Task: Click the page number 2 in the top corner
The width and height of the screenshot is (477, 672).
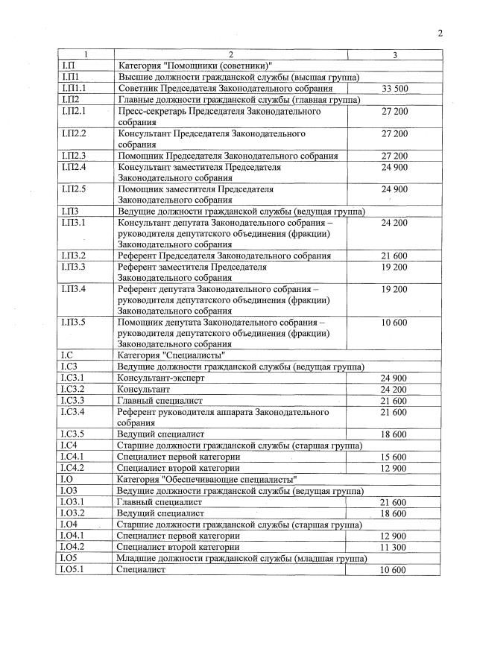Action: coord(440,33)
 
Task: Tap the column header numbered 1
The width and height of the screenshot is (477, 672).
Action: coord(85,55)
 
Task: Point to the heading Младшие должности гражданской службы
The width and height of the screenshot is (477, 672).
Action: coord(205,558)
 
